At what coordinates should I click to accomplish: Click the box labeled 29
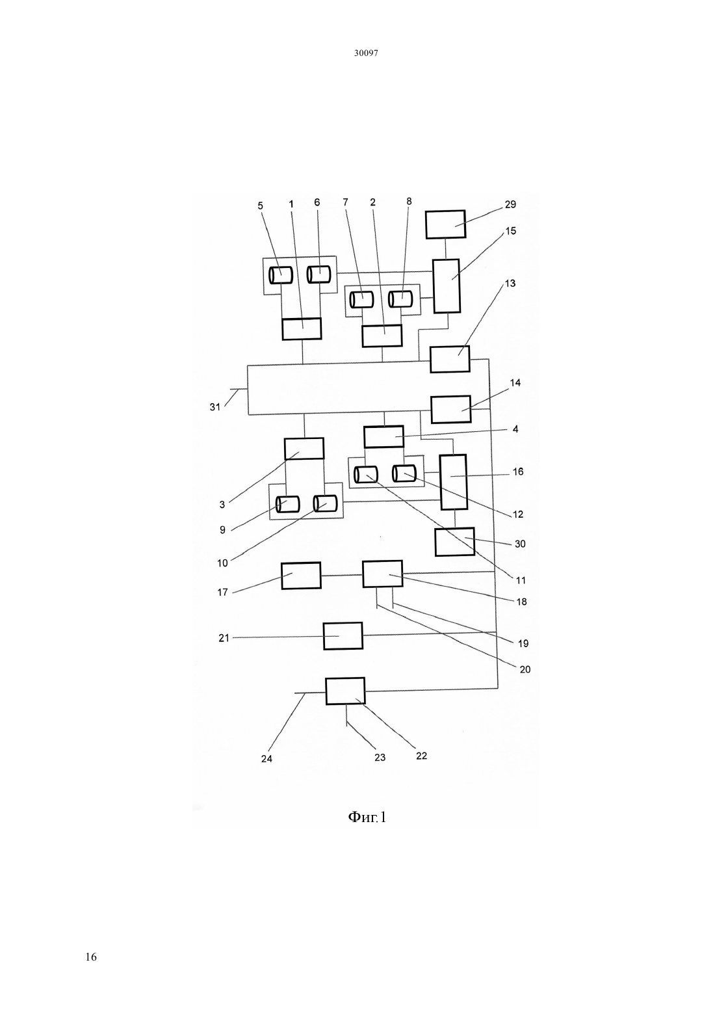tap(445, 224)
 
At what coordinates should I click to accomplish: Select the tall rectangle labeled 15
tap(447, 286)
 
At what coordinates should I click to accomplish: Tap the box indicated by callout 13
tap(450, 359)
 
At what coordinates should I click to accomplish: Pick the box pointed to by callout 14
tap(451, 409)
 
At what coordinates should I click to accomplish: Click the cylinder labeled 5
tap(281, 275)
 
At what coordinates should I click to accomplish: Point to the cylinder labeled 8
tap(401, 299)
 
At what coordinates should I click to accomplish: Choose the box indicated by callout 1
tap(302, 328)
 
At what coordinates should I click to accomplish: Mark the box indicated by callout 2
tap(382, 336)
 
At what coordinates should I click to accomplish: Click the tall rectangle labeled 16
tap(454, 482)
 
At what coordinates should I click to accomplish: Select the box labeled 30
tap(454, 542)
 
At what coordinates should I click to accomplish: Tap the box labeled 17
tap(301, 576)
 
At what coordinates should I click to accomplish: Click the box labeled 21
tap(343, 636)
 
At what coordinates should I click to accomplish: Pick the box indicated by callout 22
tap(345, 691)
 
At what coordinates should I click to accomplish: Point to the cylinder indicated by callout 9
tap(288, 504)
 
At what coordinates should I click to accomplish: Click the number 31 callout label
tap(215, 407)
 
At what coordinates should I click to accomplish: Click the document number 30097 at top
tap(366, 53)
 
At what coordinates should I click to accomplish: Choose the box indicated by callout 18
tap(383, 574)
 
